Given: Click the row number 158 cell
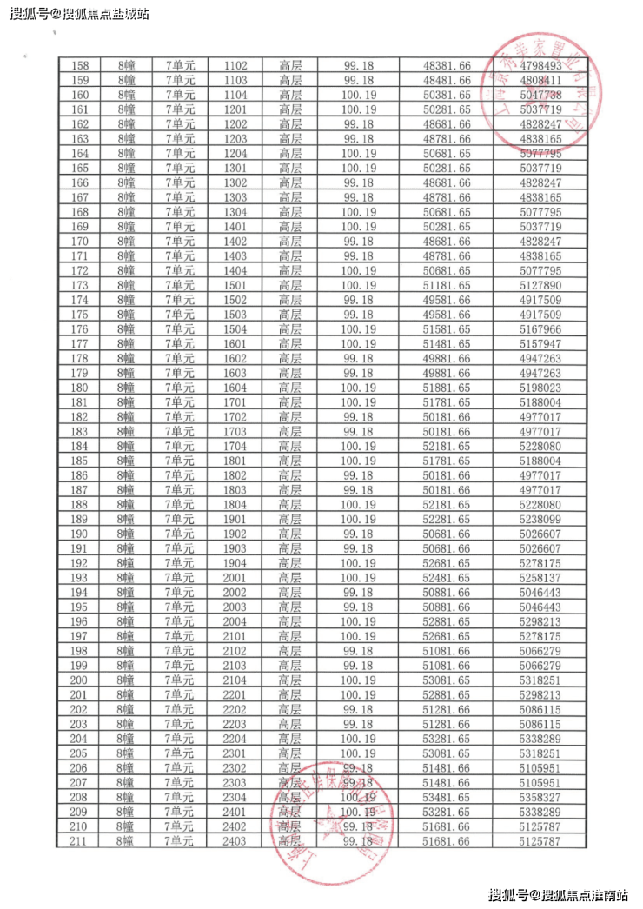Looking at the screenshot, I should [80, 65].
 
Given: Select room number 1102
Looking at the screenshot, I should [235, 65].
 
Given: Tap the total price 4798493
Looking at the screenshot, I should [540, 65].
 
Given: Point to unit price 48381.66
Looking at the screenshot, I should [446, 65].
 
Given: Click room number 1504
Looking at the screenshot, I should [235, 328].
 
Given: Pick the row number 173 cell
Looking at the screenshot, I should [80, 285].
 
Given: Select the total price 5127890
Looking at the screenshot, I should [540, 285].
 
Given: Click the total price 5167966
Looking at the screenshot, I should [540, 328].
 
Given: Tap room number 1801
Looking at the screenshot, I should [235, 461].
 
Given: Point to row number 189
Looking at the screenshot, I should [80, 519].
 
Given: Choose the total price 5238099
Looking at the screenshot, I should [540, 519].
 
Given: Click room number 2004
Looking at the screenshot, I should [235, 621].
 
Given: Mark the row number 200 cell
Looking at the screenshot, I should [80, 680].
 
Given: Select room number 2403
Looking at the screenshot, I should [235, 841].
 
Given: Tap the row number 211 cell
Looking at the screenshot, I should [80, 841].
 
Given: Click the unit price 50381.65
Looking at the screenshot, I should [446, 95].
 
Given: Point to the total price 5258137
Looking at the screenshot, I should [540, 578].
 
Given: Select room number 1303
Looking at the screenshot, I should [235, 197].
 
